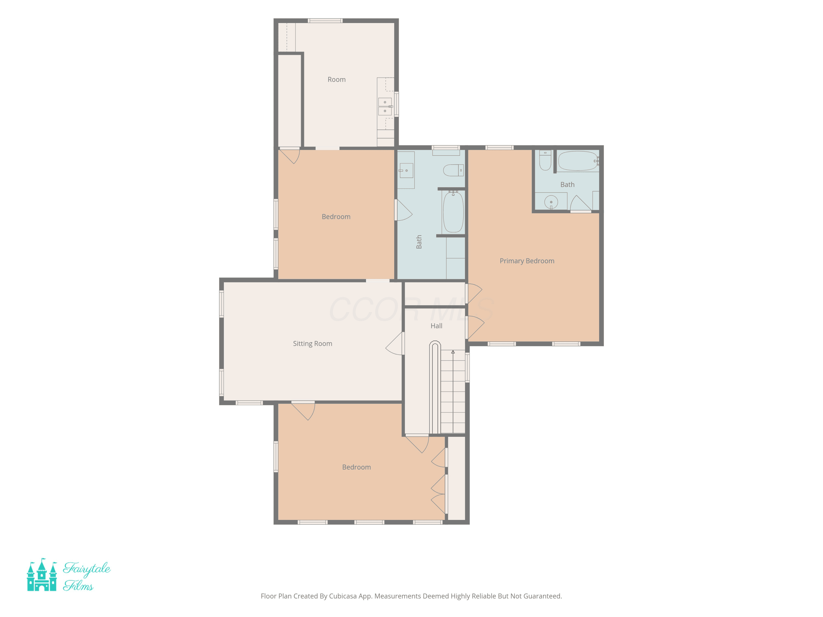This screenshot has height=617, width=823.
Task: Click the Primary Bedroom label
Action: point(527,261)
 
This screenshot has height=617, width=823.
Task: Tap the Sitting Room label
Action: point(312,344)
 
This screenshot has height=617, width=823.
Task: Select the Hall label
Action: point(436,326)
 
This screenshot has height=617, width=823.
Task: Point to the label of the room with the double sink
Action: point(337,80)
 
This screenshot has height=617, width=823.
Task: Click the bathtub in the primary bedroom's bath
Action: point(578,161)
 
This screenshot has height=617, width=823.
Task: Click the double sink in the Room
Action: point(385,106)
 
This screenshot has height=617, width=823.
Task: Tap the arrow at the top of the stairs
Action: point(453,352)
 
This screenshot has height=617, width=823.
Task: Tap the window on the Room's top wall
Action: point(325,21)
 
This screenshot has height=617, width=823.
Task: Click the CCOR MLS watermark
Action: point(411,309)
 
